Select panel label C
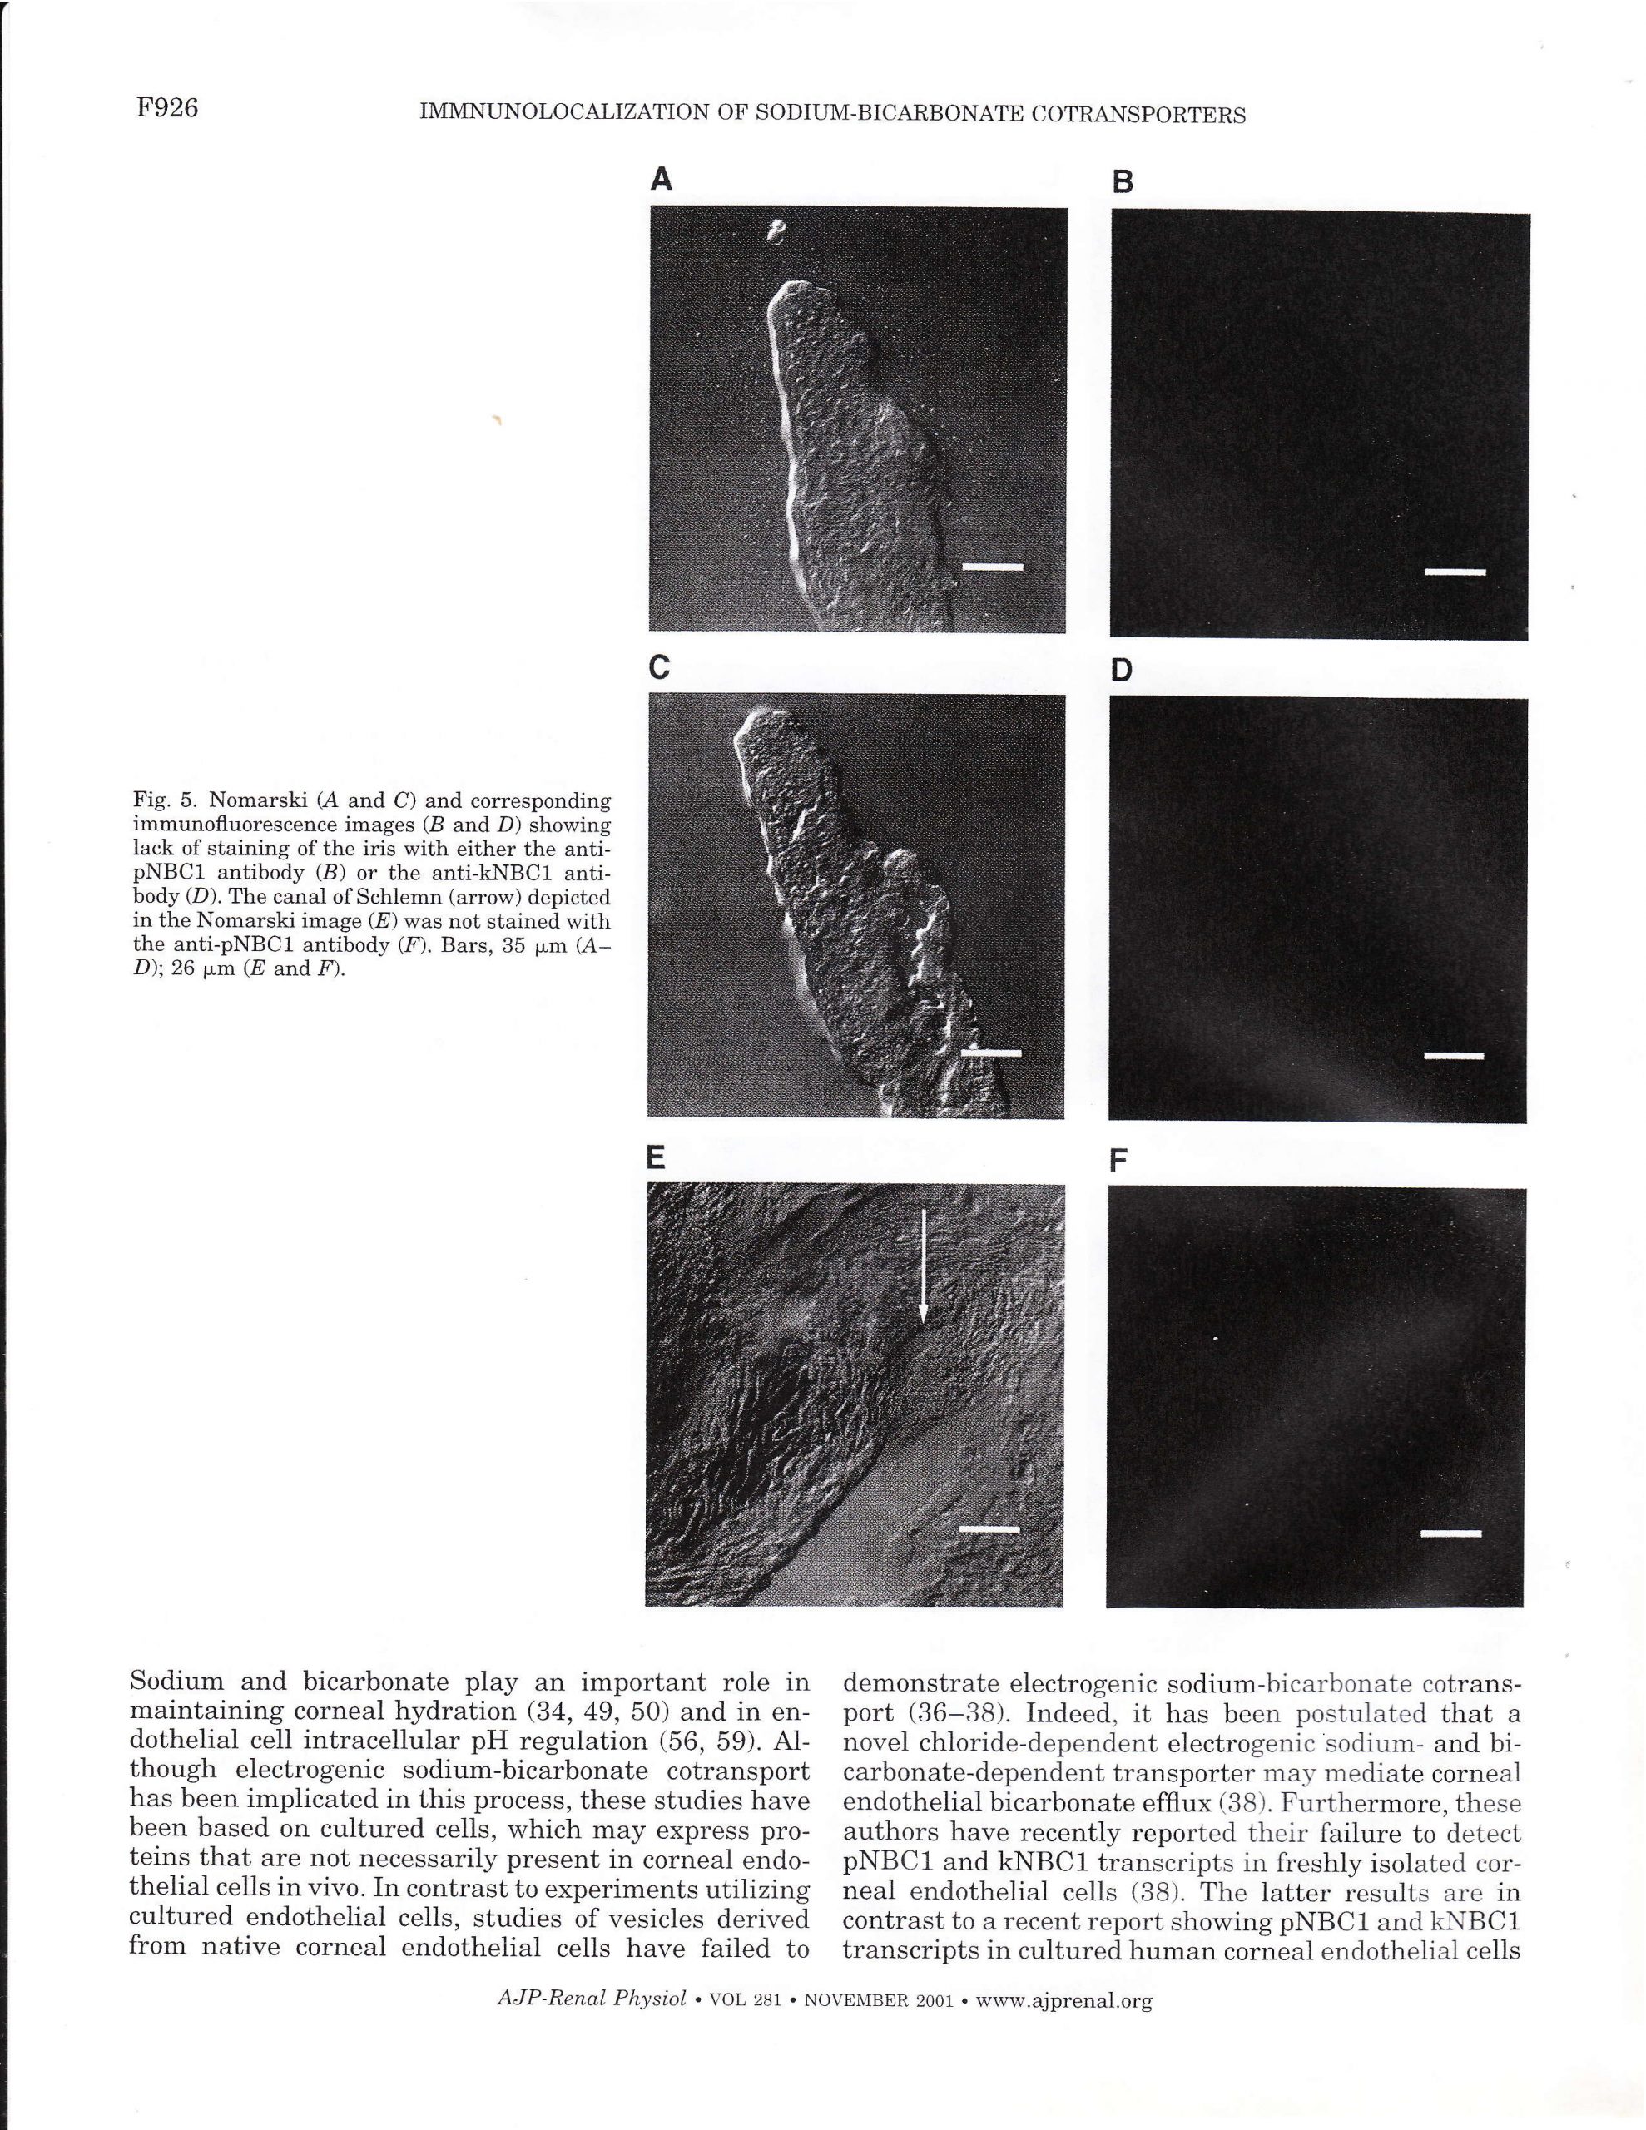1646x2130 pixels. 660,667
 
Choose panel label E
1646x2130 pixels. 656,1157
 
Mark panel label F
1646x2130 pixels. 1119,1161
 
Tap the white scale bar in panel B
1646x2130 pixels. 1454,572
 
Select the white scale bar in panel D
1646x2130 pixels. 1453,1055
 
